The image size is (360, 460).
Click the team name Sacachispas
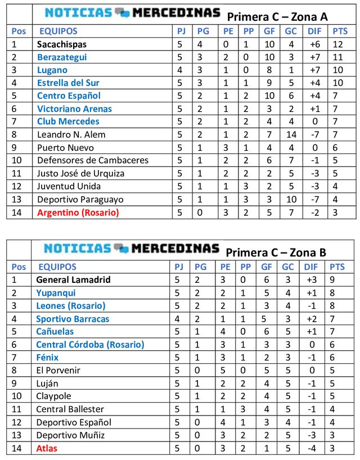click(62, 44)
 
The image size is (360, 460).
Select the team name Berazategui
click(62, 57)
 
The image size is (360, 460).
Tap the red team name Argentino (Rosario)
click(78, 213)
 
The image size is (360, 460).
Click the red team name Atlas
click(47, 448)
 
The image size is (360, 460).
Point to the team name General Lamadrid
click(73, 279)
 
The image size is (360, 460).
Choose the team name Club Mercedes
click(68, 121)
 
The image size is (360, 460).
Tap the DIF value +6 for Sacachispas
click(314, 44)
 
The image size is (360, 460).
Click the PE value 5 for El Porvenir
click(225, 371)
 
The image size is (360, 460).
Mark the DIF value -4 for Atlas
click(314, 448)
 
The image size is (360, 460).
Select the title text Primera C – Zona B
click(276, 252)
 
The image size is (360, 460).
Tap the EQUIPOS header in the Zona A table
click(58, 31)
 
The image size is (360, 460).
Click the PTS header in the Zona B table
click(337, 267)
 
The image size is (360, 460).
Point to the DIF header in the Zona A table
click(314, 31)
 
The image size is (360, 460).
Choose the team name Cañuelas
click(55, 332)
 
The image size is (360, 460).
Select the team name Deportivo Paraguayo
click(72, 200)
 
